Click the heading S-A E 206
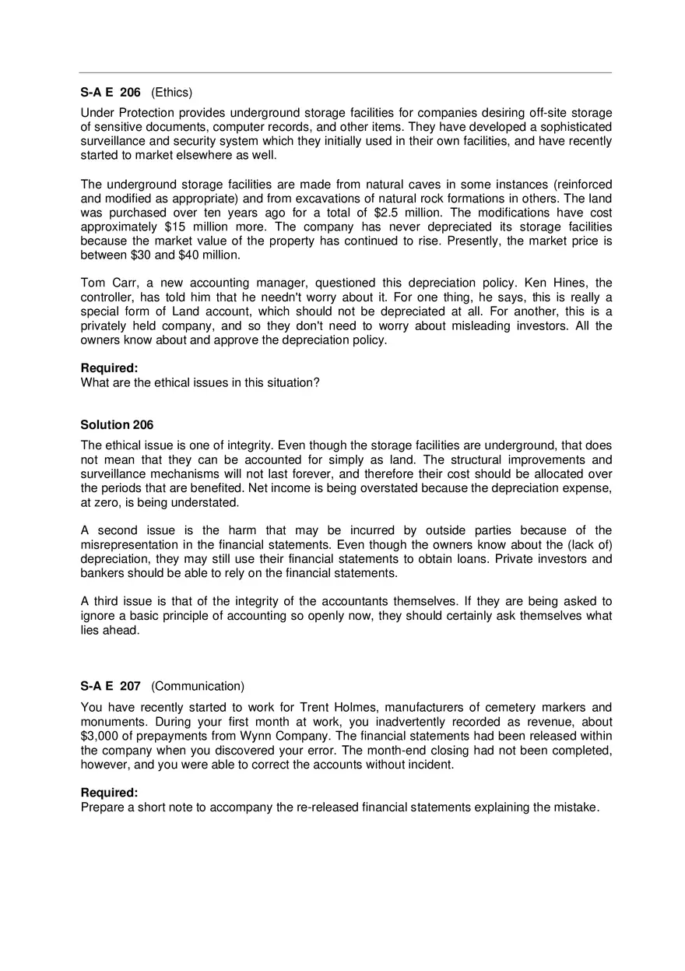111,93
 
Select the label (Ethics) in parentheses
171,93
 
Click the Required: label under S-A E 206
109,368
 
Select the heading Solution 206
117,424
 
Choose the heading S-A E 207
111,686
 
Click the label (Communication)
198,686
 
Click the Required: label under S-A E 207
109,792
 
